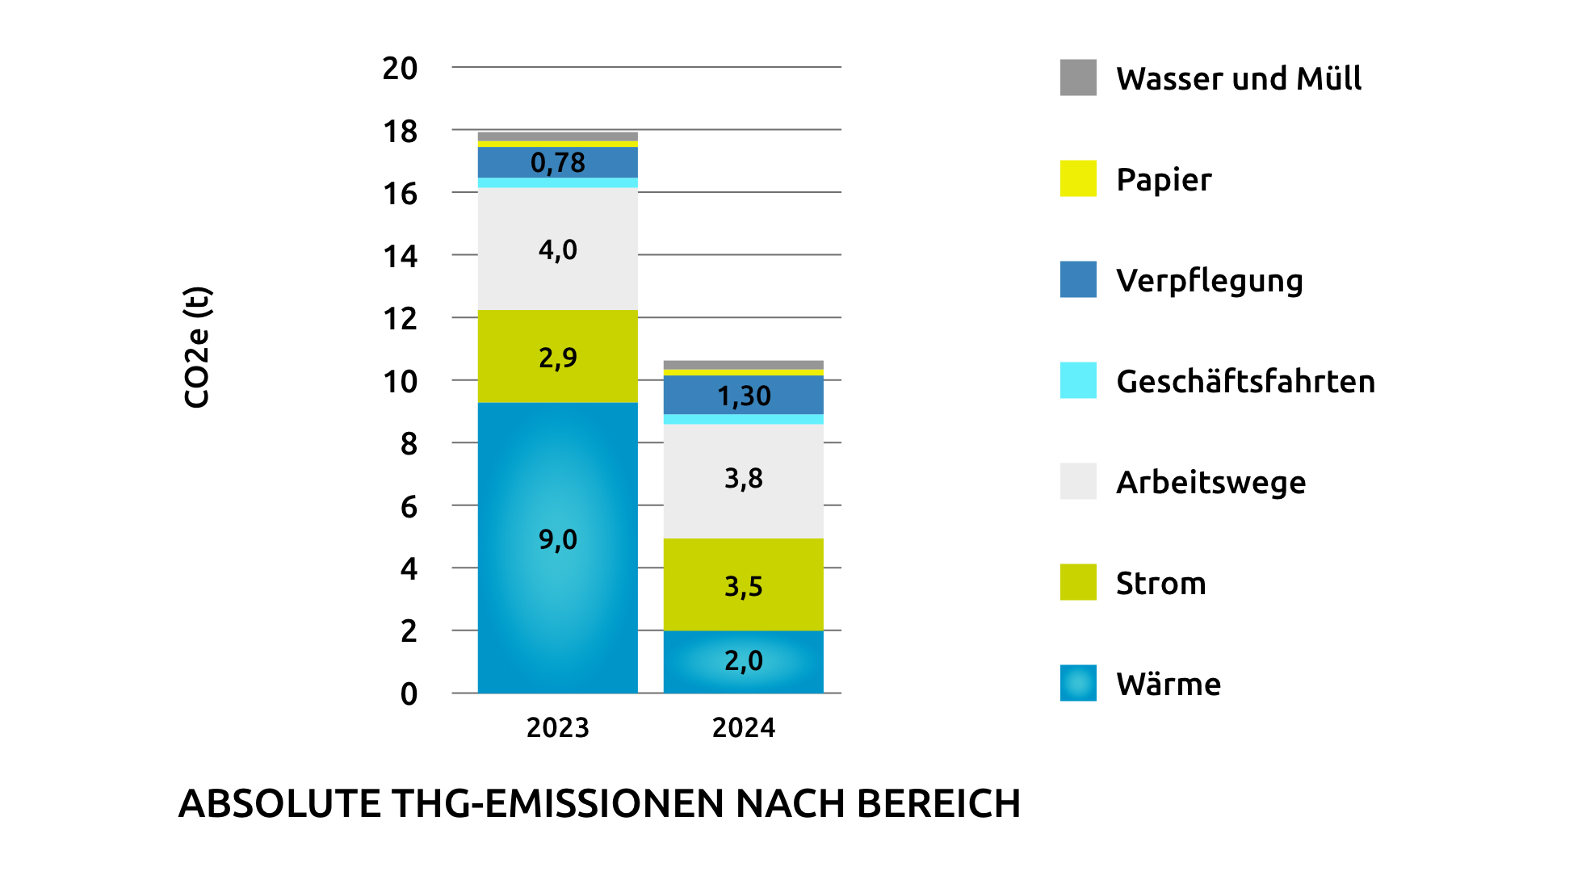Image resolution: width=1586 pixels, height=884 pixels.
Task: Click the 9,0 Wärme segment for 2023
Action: coord(557,547)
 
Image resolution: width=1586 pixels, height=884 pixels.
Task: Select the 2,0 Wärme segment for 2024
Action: coord(743,661)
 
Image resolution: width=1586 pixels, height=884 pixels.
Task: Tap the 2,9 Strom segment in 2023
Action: coord(557,356)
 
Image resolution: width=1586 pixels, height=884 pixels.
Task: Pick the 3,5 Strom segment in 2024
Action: coord(743,584)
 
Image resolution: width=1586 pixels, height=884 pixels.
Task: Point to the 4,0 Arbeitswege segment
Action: coord(557,249)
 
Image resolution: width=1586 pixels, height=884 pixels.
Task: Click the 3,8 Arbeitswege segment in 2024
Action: coord(743,481)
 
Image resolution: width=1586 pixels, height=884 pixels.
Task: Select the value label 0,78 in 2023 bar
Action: coord(557,163)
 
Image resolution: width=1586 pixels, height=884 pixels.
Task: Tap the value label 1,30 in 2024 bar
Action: coord(744,396)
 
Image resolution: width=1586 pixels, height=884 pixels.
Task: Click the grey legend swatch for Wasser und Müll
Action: coord(1078,78)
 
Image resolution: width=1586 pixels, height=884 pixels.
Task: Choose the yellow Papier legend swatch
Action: coord(1078,178)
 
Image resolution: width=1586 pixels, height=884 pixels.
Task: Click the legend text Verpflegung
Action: coord(1210,281)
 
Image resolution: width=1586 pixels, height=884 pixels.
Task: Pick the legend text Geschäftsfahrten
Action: coord(1245,381)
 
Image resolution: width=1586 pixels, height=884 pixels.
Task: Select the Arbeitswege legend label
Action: coord(1210,482)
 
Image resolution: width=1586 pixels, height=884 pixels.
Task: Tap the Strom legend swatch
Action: coord(1078,582)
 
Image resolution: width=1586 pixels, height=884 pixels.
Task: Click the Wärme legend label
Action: coord(1169,684)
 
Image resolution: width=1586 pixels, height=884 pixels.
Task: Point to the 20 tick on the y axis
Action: coord(400,69)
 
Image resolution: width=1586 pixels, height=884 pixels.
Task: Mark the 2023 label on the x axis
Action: coord(557,728)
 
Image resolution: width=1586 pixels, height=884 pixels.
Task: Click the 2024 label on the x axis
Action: coord(743,728)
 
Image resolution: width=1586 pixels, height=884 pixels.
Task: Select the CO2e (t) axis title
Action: coord(197,347)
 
